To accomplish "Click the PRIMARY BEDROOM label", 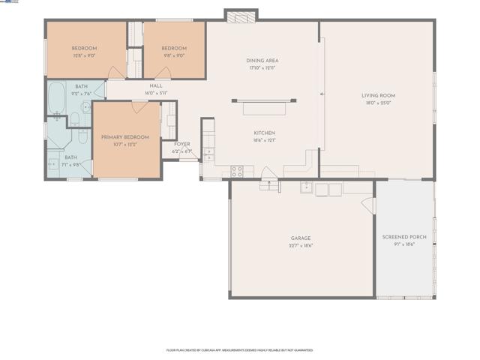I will [125, 137].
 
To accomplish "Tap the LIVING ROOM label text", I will [378, 95].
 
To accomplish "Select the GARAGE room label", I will [301, 238].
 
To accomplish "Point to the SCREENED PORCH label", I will [404, 237].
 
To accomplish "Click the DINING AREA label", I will [262, 61].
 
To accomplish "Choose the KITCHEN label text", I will [263, 133].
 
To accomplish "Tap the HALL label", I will [156, 85].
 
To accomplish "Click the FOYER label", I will [182, 144].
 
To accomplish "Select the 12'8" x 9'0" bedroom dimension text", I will [84, 55].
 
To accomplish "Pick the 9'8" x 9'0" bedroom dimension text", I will [173, 55].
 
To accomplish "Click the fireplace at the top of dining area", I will [241, 16].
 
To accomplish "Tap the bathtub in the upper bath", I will [57, 98].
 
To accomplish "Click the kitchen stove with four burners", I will [237, 171].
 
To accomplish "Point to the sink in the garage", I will [307, 187].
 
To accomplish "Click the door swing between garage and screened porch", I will [368, 204].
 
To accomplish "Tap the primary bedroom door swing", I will [139, 107].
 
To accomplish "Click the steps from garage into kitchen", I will [268, 184].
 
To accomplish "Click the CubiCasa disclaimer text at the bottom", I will [240, 349].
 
